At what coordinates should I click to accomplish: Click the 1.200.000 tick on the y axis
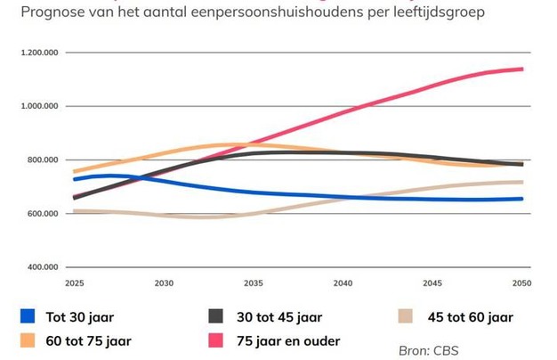pyautogui.click(x=38, y=53)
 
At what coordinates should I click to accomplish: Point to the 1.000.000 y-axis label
pyautogui.click(x=38, y=106)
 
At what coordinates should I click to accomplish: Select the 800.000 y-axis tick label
pyautogui.click(x=42, y=160)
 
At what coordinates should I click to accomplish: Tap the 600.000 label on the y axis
pyautogui.click(x=42, y=214)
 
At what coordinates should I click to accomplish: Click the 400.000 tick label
pyautogui.click(x=42, y=267)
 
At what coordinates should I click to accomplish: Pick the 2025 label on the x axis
pyautogui.click(x=74, y=283)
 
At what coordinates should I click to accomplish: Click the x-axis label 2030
pyautogui.click(x=164, y=283)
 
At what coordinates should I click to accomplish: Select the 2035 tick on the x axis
pyautogui.click(x=254, y=283)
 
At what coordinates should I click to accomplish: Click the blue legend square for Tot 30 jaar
pyautogui.click(x=28, y=315)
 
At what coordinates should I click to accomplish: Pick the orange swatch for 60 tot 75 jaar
pyautogui.click(x=28, y=340)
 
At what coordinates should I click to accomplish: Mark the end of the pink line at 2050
pyautogui.click(x=521, y=69)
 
